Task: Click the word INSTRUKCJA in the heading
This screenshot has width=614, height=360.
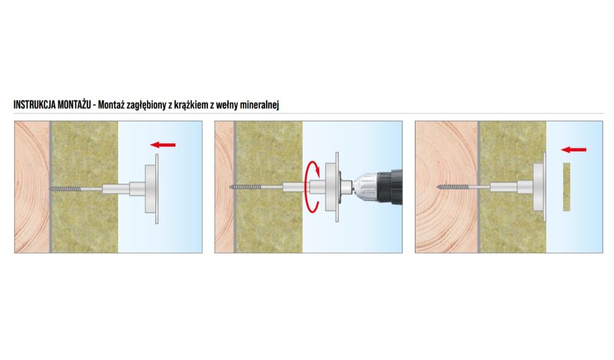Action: coord(34,104)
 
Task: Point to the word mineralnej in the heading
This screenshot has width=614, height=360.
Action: coord(259,105)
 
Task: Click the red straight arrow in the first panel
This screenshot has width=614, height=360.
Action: coord(163,145)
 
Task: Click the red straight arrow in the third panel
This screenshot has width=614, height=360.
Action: coord(574,149)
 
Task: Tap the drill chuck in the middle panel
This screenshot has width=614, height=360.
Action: coord(365,187)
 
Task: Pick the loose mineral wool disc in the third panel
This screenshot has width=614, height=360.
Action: coord(567,187)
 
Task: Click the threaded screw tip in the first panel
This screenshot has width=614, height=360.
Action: coord(65,189)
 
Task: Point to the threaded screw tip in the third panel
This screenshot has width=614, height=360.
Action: coord(453,187)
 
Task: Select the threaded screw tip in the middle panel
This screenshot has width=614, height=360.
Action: coord(245,187)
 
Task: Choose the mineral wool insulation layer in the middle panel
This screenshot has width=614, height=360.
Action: coord(269,187)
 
